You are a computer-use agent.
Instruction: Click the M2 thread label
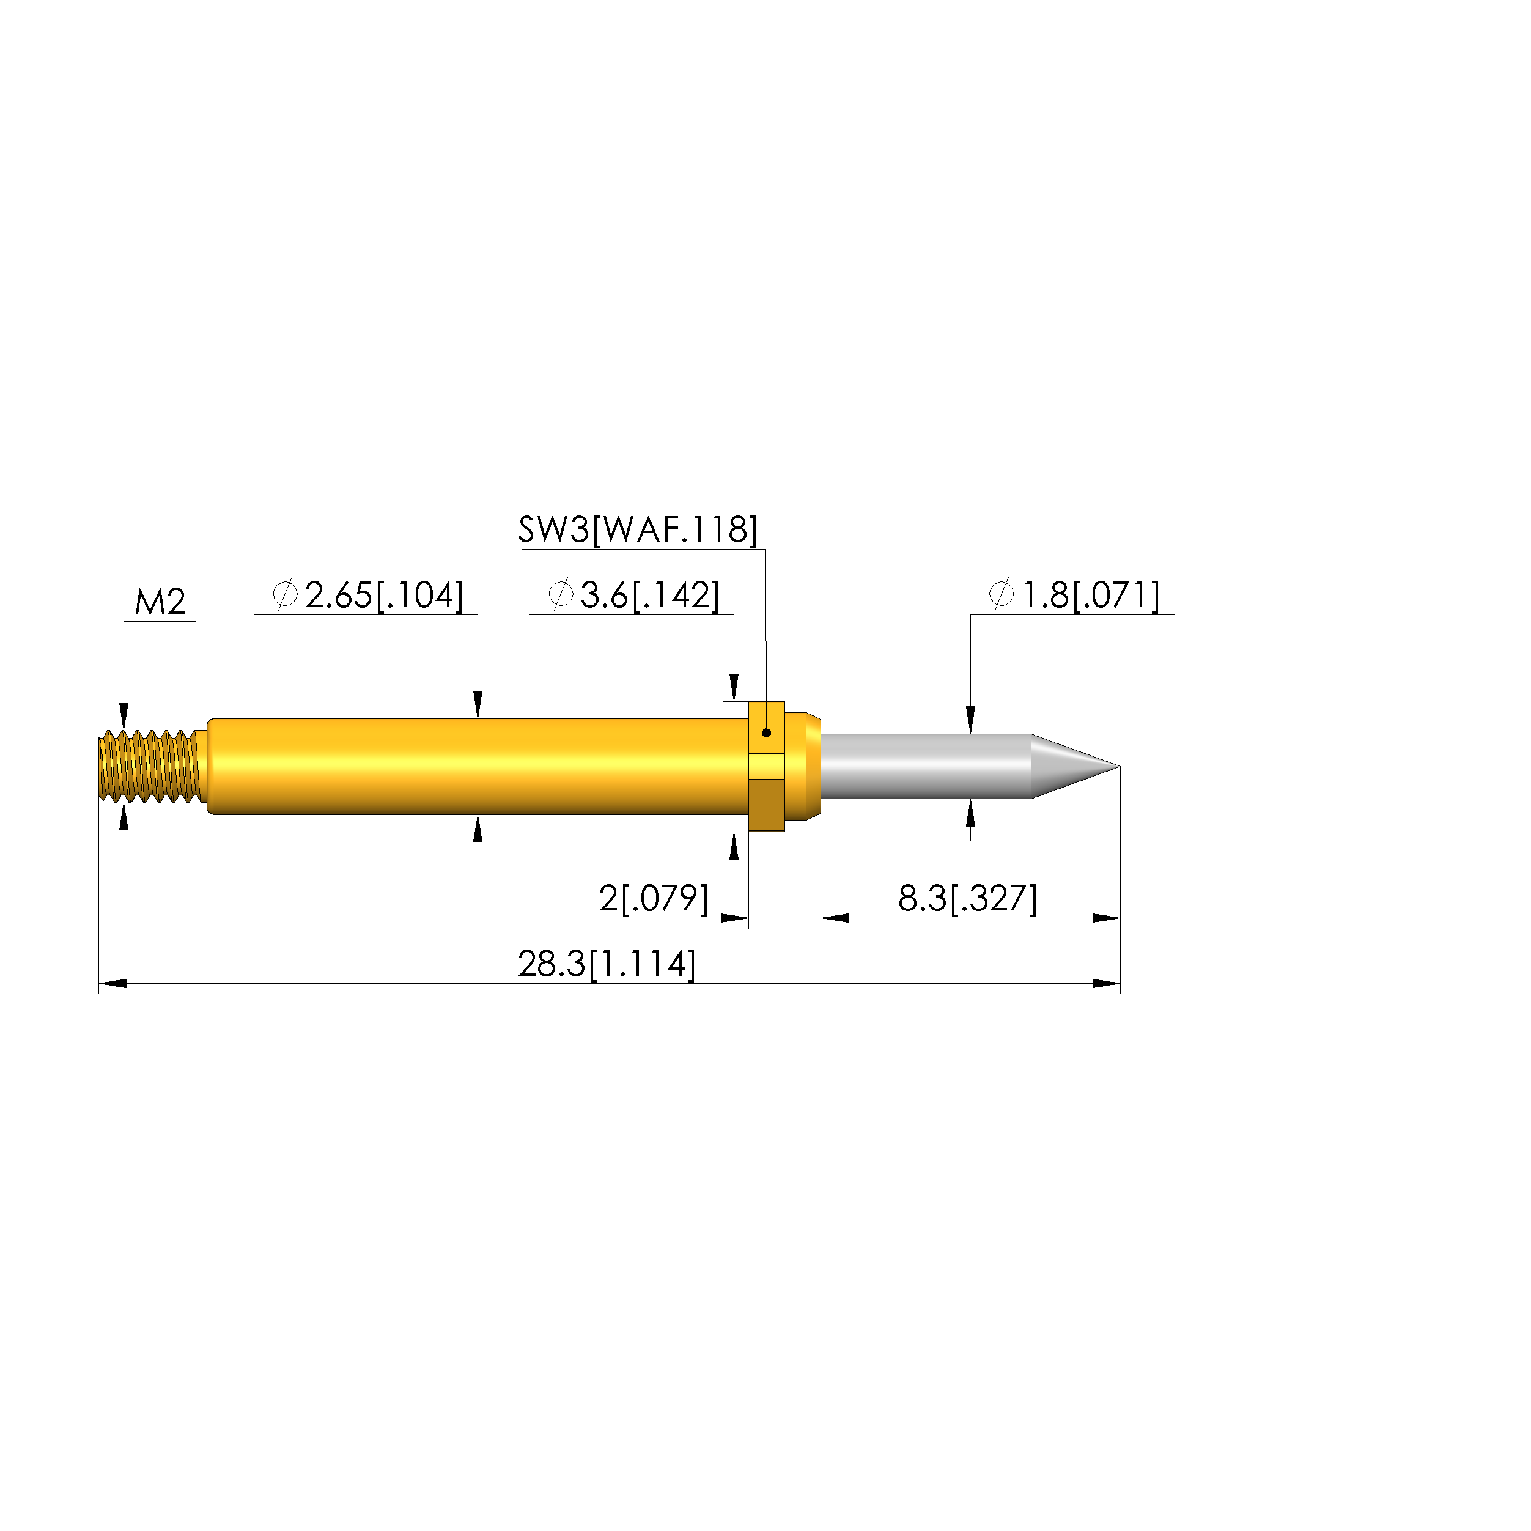(160, 602)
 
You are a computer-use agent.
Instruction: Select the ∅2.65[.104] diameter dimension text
(367, 595)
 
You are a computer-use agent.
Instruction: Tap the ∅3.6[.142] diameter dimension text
(634, 595)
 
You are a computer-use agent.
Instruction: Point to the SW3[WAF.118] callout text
(638, 529)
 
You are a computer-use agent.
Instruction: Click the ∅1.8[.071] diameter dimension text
(1074, 595)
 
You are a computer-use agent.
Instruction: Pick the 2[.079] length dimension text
(654, 899)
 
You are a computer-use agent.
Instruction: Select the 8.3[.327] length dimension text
(967, 899)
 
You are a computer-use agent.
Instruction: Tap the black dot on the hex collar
(766, 733)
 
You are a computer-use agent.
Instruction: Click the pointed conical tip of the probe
(1119, 766)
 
